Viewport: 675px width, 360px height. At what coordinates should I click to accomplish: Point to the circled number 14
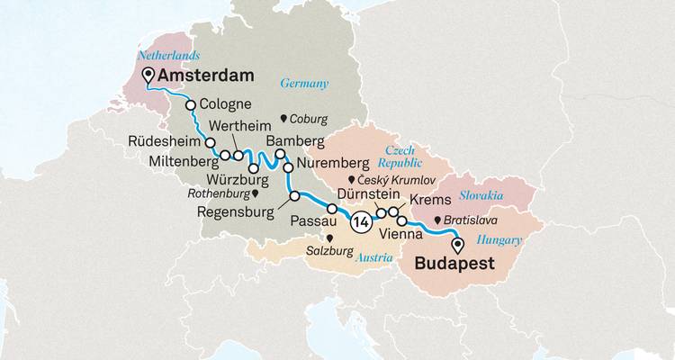click(361, 222)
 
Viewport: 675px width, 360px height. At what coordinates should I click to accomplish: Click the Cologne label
click(228, 103)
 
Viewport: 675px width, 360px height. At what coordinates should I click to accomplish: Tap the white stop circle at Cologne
click(191, 105)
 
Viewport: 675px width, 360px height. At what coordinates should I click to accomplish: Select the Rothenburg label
click(220, 193)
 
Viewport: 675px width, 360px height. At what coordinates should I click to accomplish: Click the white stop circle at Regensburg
click(293, 196)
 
